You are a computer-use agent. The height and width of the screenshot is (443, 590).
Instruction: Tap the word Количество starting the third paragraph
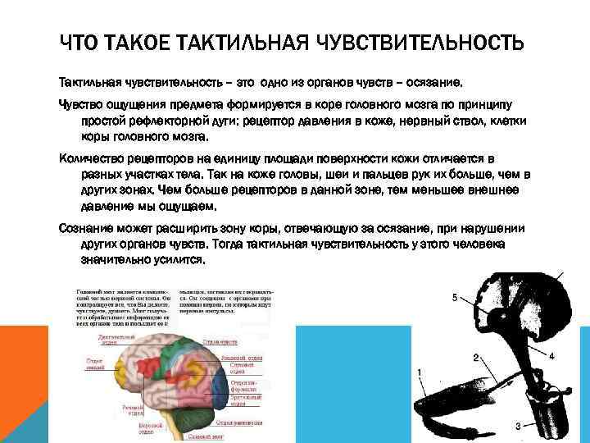tap(97, 158)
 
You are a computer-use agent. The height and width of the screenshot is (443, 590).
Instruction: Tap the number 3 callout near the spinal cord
tap(518, 426)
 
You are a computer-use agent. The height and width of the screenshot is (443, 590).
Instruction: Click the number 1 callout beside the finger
tap(420, 372)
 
